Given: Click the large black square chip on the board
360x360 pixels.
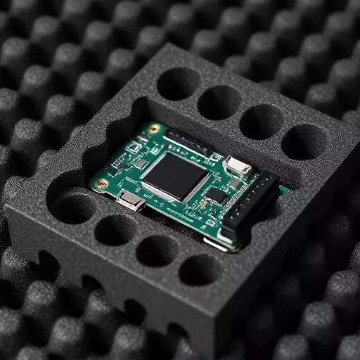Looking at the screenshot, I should pos(175,176).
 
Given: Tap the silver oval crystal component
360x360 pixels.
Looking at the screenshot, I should pos(237,166).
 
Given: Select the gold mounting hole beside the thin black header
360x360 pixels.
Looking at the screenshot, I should pos(154,129).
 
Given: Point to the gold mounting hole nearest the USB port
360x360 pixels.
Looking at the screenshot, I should pos(103,184).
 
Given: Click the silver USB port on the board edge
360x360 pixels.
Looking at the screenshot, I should pos(131,201).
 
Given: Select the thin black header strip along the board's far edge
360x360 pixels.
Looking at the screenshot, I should pos(188,143).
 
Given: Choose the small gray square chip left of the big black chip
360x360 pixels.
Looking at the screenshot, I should pos(141,164).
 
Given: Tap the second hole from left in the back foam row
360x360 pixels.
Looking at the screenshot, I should pos(219,103).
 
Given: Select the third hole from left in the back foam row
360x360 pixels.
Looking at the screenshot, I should pos(261,122).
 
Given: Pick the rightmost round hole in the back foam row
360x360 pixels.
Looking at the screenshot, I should pos(304,142).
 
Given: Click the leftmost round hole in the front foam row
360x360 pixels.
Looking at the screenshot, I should pos(72,208).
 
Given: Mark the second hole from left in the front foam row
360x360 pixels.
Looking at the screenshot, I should pos(115,230).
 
